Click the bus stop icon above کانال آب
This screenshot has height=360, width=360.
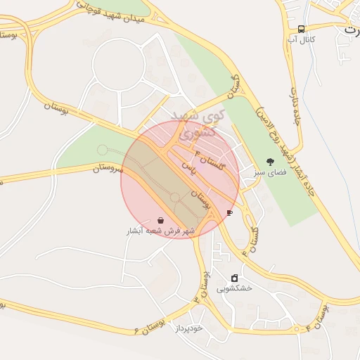tap(302, 29)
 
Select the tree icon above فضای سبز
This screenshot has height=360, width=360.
tap(271, 161)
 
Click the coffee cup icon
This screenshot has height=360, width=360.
tap(229, 212)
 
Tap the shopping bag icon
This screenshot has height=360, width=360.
tap(161, 220)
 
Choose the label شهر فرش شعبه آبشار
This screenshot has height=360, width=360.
tap(160, 231)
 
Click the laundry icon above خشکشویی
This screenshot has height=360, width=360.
tap(234, 278)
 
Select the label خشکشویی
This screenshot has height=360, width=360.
tap(234, 288)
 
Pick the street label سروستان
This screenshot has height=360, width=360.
tap(108, 168)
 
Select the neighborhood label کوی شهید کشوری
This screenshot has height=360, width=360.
tap(200, 124)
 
